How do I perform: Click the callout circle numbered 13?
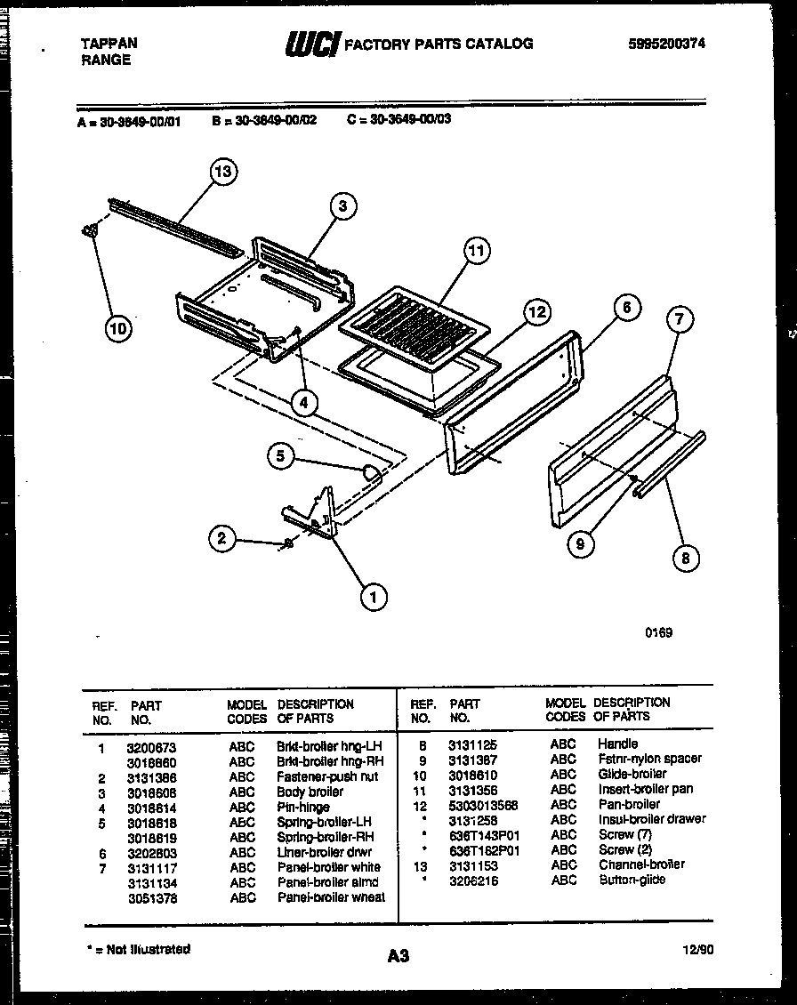[223, 172]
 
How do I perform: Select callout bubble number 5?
[281, 456]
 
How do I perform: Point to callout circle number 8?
[684, 558]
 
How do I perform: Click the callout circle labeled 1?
[374, 598]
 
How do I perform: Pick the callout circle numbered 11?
[478, 251]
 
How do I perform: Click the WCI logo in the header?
[311, 44]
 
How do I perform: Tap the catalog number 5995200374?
[666, 43]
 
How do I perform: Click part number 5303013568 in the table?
[484, 805]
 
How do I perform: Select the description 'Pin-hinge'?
[303, 808]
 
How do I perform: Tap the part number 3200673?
[152, 748]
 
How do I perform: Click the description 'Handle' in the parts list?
[617, 744]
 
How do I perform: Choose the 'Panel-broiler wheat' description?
[331, 897]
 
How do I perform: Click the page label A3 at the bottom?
[398, 956]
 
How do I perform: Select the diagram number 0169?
[659, 632]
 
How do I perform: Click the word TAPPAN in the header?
[109, 43]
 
